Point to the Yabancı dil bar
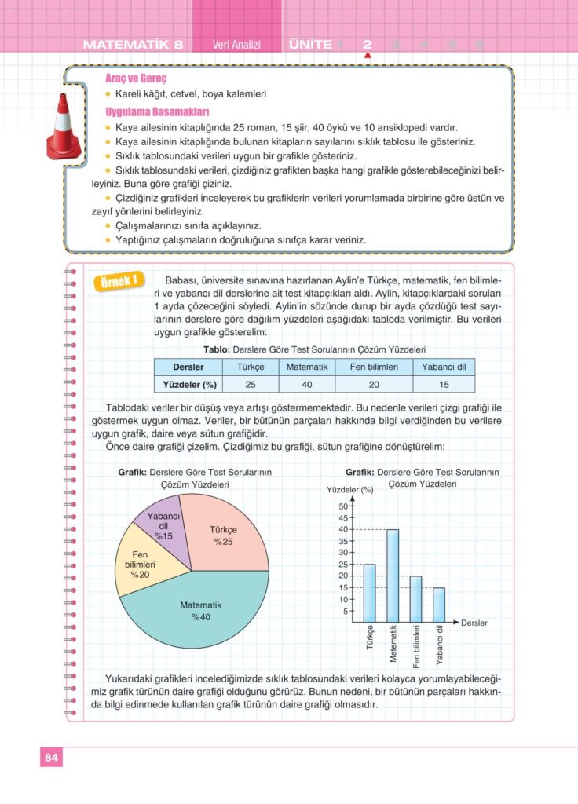coord(439,604)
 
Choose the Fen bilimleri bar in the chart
coord(416,598)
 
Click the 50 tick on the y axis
coord(342,506)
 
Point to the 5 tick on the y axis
coord(344,610)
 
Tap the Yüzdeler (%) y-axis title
coord(349,490)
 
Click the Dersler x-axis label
coord(474,623)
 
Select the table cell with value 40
coord(307,385)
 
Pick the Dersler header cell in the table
coord(188,367)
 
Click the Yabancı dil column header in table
coord(444,367)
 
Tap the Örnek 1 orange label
coord(119,281)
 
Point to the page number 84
coord(51,758)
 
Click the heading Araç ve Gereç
coord(136,79)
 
